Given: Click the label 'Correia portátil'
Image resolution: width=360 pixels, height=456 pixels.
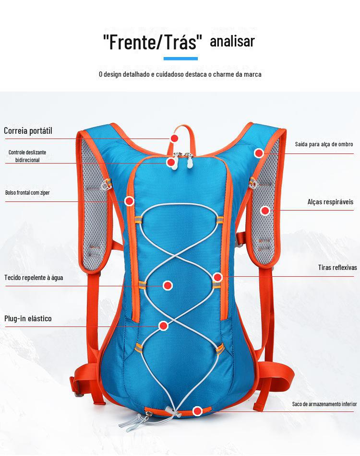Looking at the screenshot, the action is (28, 130).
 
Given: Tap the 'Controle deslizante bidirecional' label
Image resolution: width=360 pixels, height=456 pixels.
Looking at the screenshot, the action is (27, 156).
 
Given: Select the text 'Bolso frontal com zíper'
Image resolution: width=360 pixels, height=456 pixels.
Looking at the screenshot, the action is (27, 193).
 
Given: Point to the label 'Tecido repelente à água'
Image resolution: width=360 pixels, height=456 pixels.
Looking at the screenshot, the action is (34, 277).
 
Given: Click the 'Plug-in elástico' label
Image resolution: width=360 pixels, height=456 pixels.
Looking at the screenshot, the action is (28, 318).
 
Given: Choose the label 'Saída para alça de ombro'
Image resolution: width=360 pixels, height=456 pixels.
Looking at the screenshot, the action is (324, 144).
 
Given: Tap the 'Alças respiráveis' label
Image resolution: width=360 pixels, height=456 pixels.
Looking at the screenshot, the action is (330, 202).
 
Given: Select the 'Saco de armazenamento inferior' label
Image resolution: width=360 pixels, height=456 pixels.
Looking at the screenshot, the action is (324, 404).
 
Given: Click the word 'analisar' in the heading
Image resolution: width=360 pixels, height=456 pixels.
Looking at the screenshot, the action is (232, 42).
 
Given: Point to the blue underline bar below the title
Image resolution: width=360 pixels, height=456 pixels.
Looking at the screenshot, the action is (180, 58).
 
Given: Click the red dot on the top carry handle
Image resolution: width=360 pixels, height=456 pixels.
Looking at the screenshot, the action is (174, 138).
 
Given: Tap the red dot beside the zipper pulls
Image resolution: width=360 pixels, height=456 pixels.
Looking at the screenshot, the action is (170, 163).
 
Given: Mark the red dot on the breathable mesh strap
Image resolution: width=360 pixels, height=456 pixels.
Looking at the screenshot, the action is (265, 210).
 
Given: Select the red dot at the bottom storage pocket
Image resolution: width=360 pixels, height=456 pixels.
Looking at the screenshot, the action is (197, 411).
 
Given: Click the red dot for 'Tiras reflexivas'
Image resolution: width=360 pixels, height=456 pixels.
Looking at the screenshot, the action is (217, 277).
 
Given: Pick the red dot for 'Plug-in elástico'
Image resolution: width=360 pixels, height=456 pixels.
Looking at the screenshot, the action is (163, 326).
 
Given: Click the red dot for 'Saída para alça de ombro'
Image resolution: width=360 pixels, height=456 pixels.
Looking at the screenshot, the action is (259, 153).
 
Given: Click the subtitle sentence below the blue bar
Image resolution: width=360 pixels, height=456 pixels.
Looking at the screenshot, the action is (180, 74).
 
